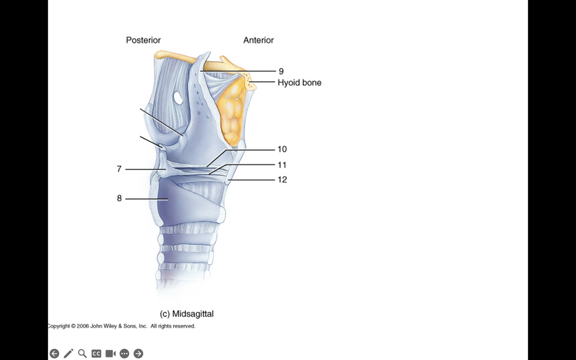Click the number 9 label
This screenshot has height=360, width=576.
click(x=281, y=71)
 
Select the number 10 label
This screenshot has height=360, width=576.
click(x=282, y=149)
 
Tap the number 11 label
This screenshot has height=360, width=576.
click(x=282, y=165)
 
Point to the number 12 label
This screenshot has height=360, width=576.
click(x=282, y=180)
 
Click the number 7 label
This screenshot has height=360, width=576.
click(x=119, y=169)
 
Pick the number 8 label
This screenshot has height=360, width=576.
click(x=119, y=199)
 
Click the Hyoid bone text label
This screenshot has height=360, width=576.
click(x=299, y=82)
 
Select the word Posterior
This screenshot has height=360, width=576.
click(x=143, y=40)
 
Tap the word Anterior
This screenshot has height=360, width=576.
click(x=258, y=40)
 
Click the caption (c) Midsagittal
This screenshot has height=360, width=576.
click(x=187, y=314)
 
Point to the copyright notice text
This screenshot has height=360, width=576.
click(x=121, y=326)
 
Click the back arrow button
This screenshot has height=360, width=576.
click(x=54, y=354)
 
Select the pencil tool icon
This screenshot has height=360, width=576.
click(x=68, y=354)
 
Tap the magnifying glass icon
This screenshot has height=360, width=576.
click(x=82, y=354)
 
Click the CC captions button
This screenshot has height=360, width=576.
click(x=96, y=354)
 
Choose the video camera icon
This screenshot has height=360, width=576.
click(x=111, y=354)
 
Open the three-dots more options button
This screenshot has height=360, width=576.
click(x=124, y=354)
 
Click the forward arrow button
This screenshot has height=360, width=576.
click(x=138, y=354)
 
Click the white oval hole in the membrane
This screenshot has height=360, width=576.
click(x=178, y=98)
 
